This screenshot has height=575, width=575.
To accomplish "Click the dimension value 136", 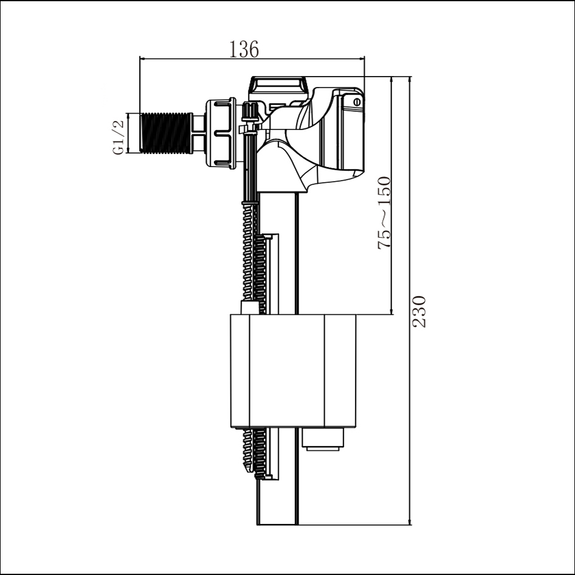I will coord(244,49).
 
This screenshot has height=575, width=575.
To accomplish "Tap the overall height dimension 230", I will coord(419,311).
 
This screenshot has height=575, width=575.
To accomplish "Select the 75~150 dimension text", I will coord(385,213).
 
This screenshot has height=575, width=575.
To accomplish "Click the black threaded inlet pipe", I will coord(167,133).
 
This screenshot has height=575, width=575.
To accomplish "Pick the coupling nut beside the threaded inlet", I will coord(221,132).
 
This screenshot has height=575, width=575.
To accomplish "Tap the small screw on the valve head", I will coord(356,102).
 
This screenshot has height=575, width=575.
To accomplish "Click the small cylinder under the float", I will coord(322,439).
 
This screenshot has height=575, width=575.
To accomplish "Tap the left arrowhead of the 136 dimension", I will coord(143,58).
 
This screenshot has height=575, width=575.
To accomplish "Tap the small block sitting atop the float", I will coord(249,308).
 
